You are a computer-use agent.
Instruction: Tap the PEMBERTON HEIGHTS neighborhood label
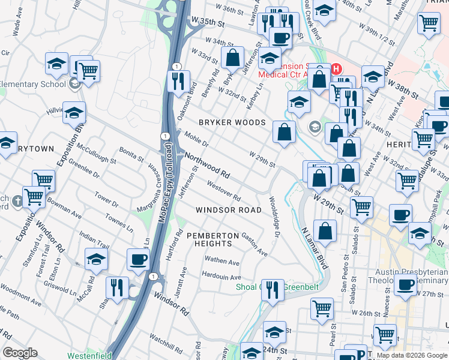tap(208, 239)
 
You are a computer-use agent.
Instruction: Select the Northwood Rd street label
tap(207, 165)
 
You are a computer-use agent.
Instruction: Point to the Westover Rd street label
tap(224, 191)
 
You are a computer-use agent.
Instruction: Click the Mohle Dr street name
tap(196, 140)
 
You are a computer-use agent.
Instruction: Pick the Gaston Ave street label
tap(254, 245)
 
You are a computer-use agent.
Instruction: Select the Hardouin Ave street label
tap(221, 277)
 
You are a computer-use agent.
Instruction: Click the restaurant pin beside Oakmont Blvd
tap(178, 82)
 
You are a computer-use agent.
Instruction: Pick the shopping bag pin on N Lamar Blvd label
tap(325, 232)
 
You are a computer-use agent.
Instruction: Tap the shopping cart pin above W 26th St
tap(322, 308)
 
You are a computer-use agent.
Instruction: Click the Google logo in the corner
tap(20, 353)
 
